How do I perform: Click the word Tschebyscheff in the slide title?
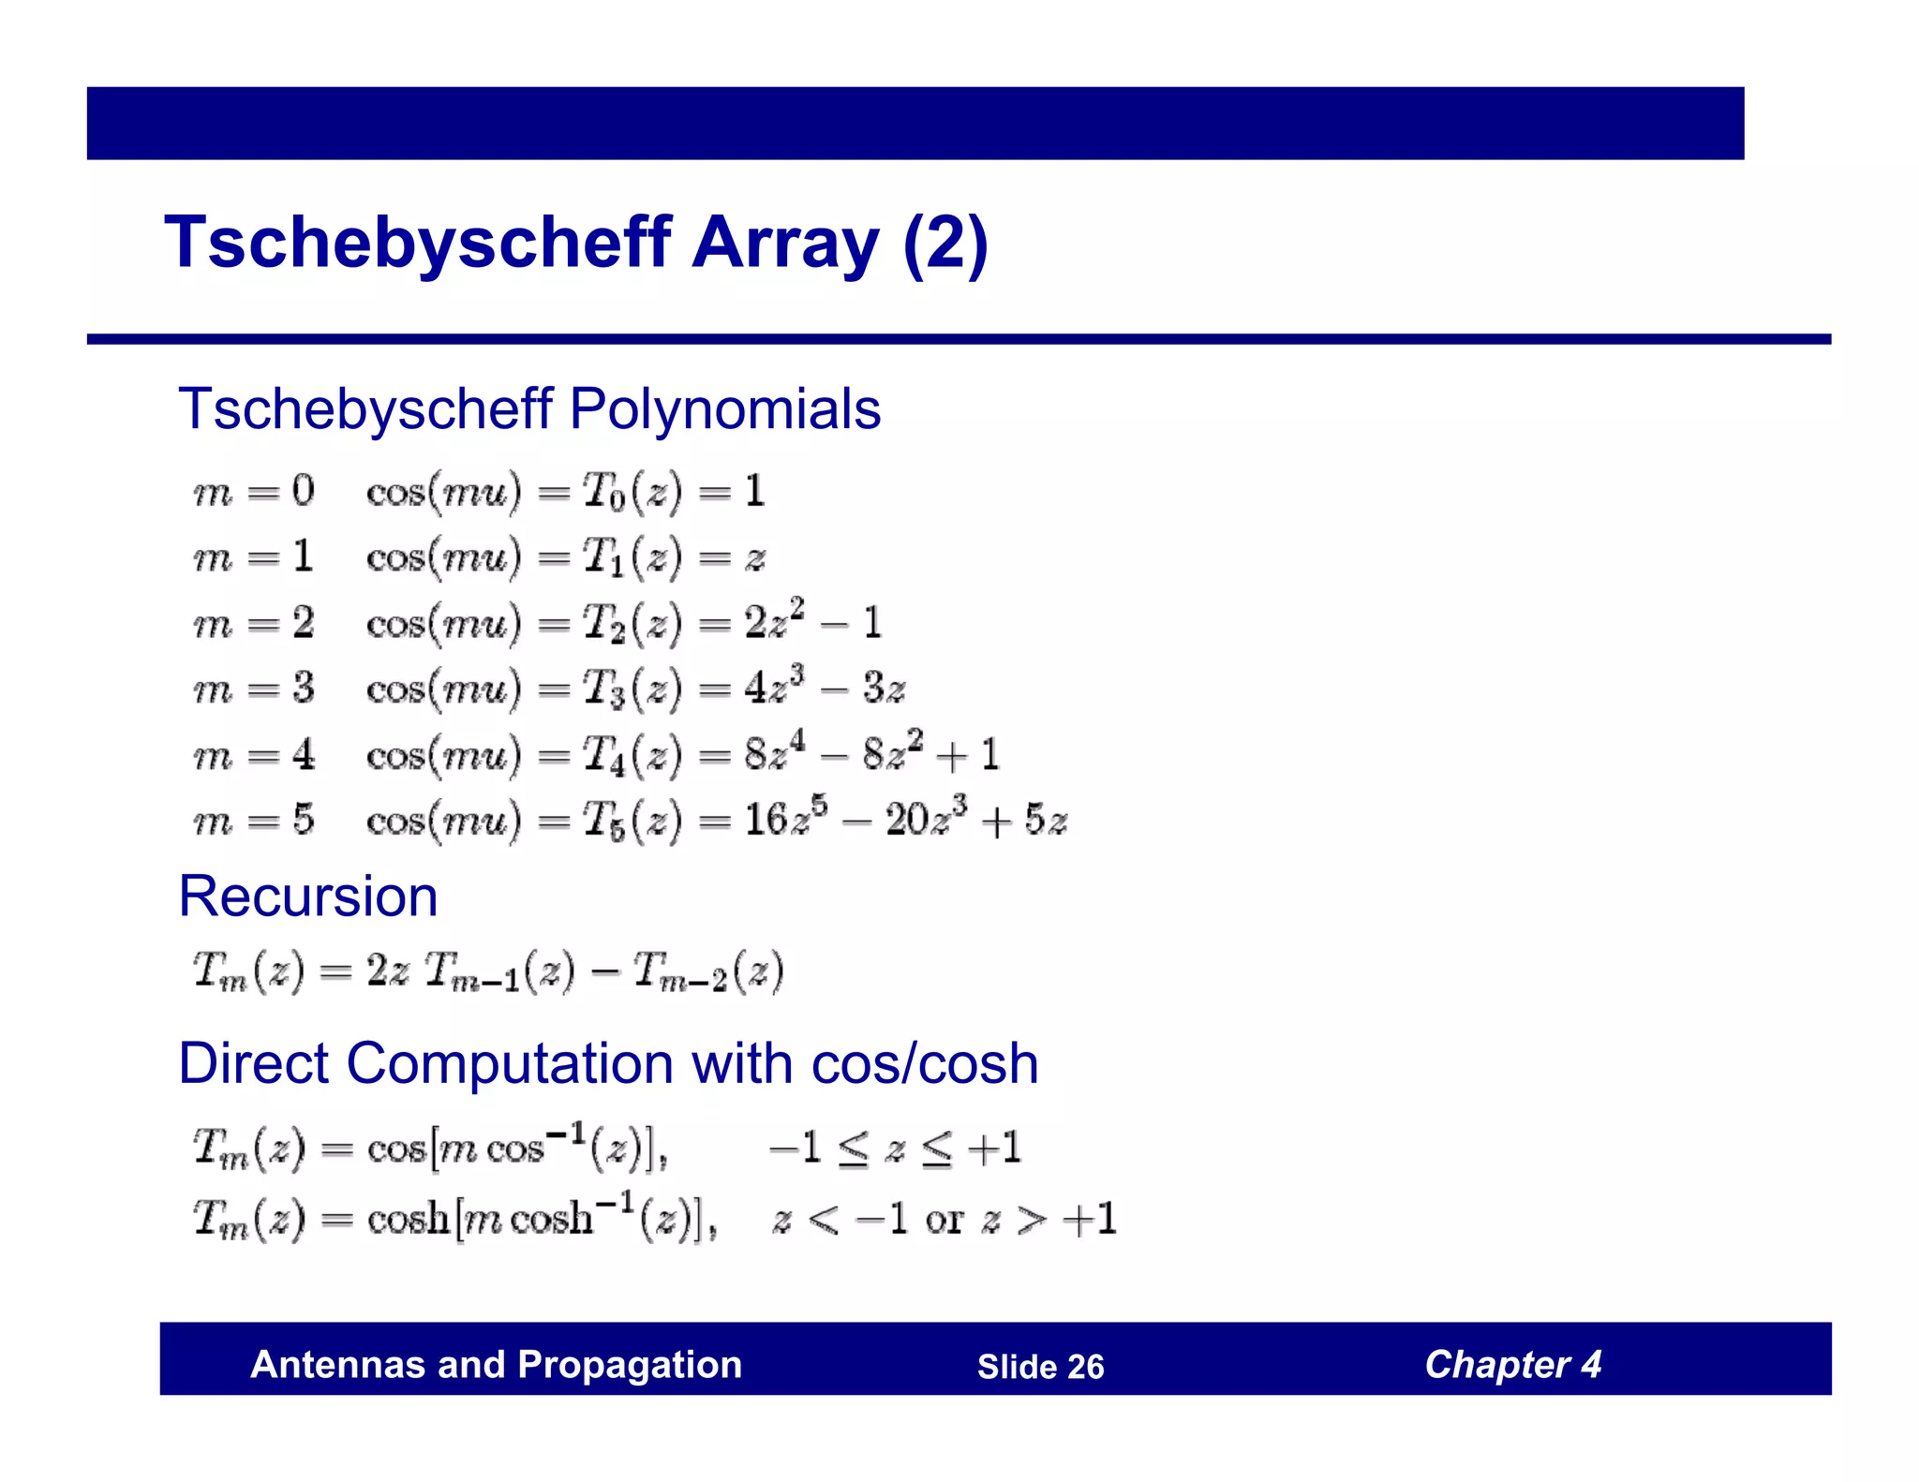(x=418, y=244)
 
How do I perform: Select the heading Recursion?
(x=307, y=897)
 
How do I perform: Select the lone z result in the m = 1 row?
(x=755, y=559)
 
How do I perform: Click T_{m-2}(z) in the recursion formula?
(x=707, y=971)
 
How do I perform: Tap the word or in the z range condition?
(x=944, y=1220)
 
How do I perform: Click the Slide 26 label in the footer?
(x=1040, y=1367)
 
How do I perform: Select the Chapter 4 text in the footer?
(x=1512, y=1365)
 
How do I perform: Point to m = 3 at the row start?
(x=253, y=689)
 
